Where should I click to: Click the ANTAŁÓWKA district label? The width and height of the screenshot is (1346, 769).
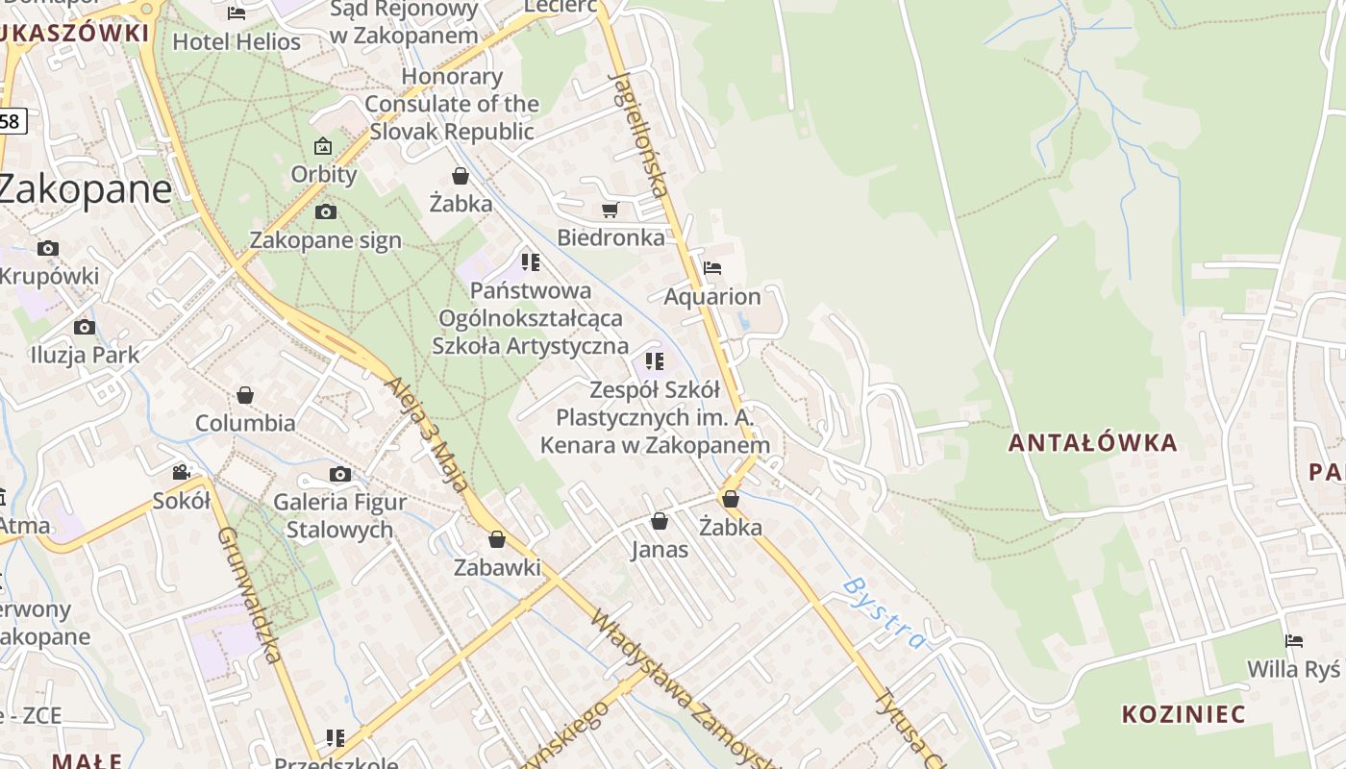coord(1092,443)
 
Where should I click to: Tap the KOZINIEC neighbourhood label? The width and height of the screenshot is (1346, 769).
coord(1183,714)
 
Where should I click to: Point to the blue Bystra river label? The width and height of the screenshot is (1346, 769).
coord(883,612)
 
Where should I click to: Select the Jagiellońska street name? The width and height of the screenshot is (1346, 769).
coord(638,133)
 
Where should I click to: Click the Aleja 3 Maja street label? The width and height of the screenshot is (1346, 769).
coord(429,434)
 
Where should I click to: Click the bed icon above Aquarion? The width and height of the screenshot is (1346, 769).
coord(712,267)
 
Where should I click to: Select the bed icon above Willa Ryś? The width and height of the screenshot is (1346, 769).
coord(1294,641)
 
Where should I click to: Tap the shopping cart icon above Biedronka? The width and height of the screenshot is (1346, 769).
coord(610,210)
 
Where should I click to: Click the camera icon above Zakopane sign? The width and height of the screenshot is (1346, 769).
coord(326,211)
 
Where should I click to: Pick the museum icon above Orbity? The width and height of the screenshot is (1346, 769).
coord(323,146)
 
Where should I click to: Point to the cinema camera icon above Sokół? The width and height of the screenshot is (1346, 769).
coord(181,472)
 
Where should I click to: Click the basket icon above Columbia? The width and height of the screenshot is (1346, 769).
coord(245,395)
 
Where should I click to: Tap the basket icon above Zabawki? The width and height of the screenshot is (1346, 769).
coord(497,539)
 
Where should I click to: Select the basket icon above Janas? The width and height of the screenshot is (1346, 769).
coord(660,521)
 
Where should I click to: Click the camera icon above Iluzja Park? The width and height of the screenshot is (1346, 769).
coord(85,327)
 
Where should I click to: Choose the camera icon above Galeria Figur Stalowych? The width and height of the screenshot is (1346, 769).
coord(339,474)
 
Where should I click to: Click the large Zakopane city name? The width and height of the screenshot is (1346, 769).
coord(85,188)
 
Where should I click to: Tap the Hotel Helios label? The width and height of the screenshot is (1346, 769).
coord(237,42)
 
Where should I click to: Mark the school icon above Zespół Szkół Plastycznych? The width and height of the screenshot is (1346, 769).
coord(655,361)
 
